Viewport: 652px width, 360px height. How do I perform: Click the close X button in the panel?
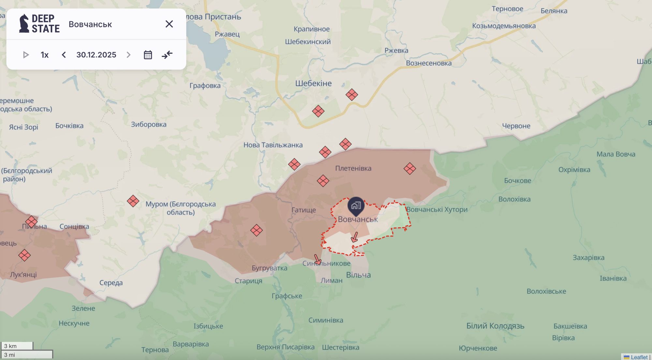169,24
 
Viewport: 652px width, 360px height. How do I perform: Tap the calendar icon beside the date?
148,55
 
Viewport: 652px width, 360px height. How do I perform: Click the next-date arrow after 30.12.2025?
128,55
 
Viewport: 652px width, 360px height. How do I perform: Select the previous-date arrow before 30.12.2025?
64,55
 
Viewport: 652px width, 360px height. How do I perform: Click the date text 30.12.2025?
96,55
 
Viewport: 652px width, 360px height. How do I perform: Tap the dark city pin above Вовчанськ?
356,206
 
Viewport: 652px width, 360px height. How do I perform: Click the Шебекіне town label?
313,83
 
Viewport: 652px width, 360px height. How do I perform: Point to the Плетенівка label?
353,168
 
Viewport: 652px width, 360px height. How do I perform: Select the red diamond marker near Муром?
133,201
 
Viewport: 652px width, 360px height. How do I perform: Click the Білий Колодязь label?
495,326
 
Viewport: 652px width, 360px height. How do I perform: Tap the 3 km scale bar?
17,346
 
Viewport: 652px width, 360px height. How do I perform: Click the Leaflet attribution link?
639,357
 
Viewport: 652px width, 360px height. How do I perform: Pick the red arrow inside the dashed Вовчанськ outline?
355,237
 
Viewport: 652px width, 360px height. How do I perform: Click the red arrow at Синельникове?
317,260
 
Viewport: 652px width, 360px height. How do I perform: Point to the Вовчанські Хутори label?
437,209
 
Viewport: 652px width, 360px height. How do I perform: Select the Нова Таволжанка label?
273,145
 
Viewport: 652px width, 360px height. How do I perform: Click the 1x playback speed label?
45,55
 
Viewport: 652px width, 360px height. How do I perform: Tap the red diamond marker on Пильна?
31,222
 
